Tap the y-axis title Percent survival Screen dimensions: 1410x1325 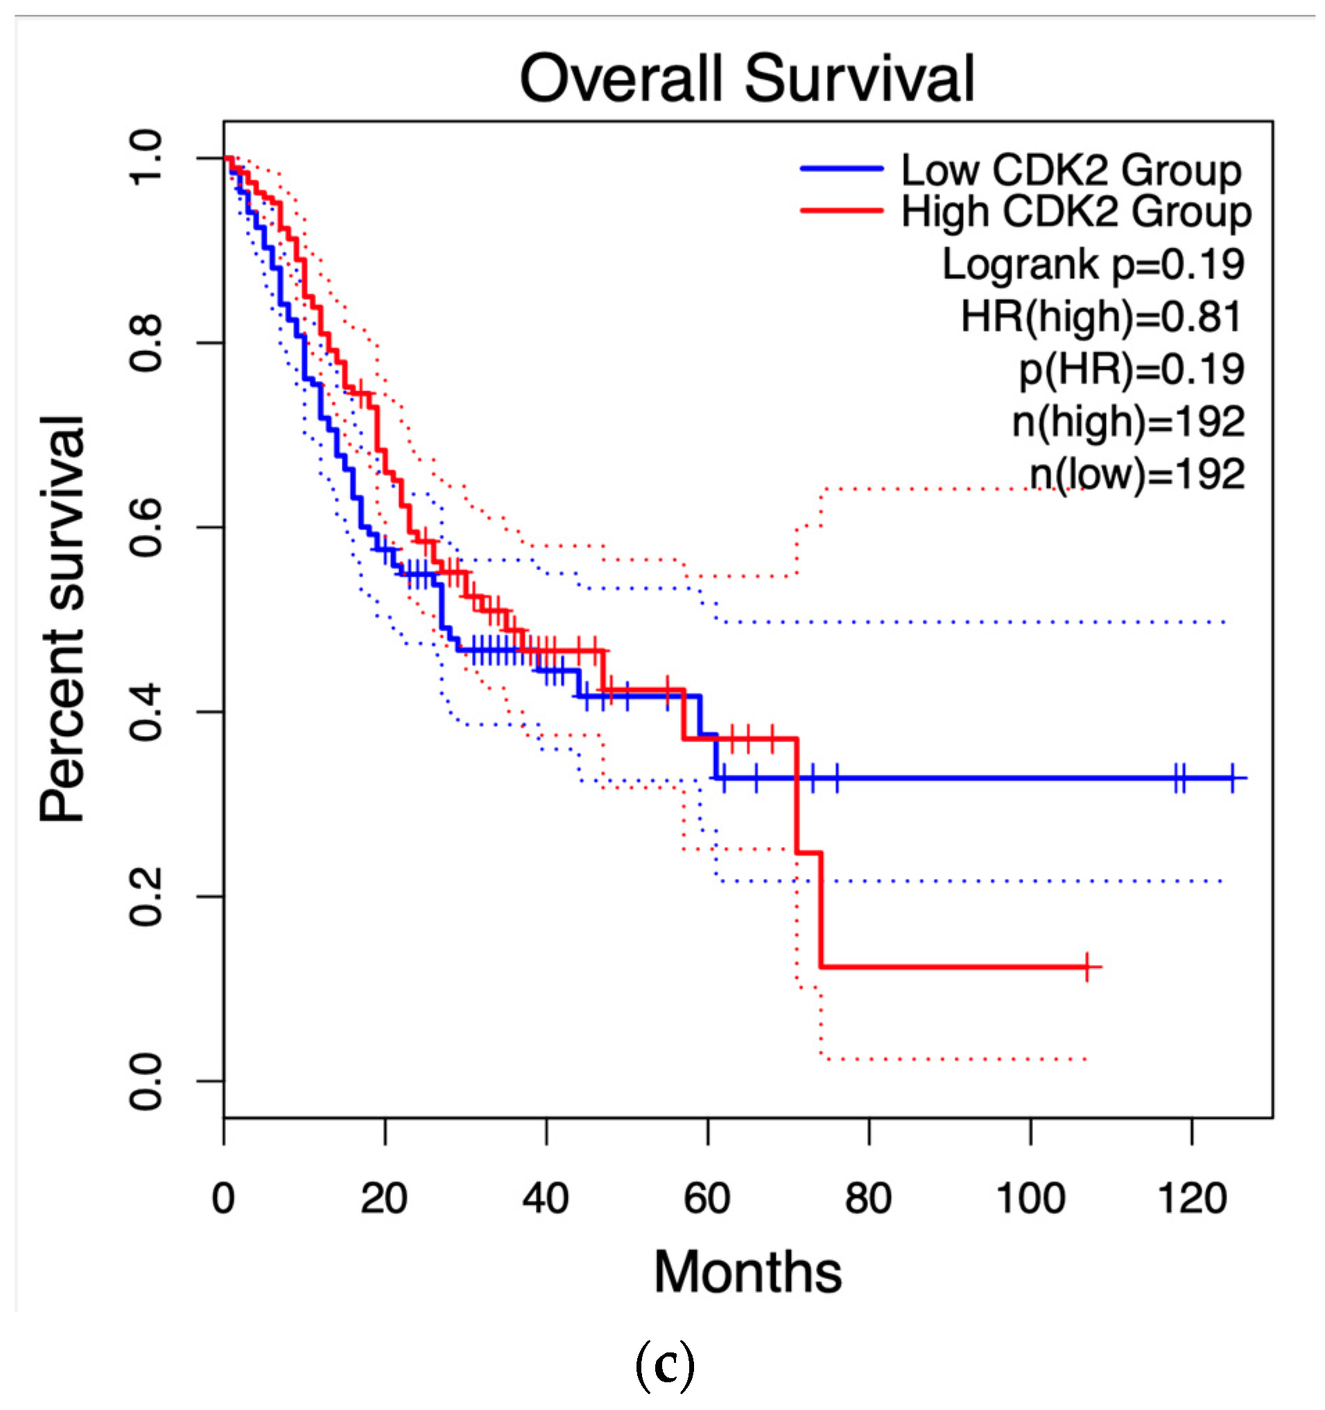tap(62, 619)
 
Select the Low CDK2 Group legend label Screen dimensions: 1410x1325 tap(1071, 170)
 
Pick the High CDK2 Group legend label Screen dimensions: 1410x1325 tap(1075, 212)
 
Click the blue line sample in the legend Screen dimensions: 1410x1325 tap(842, 169)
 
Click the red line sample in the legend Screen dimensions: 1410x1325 tap(842, 210)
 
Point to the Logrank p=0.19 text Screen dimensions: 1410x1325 tap(1093, 264)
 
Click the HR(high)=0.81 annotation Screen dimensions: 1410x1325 tap(1101, 316)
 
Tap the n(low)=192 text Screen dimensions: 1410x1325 tap(1136, 474)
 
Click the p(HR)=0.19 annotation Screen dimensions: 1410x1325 tap(1132, 369)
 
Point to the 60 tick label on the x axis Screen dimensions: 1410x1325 tap(707, 1198)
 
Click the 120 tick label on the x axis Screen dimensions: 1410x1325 tap(1192, 1198)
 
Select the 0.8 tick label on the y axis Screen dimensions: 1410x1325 tap(146, 343)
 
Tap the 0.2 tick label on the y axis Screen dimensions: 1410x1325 tap(146, 897)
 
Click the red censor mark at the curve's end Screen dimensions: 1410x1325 tap(1086, 967)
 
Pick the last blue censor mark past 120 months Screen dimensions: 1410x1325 tap(1233, 778)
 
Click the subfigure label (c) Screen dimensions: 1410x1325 tap(664, 1366)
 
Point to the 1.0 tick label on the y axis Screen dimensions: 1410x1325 tap(146, 157)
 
